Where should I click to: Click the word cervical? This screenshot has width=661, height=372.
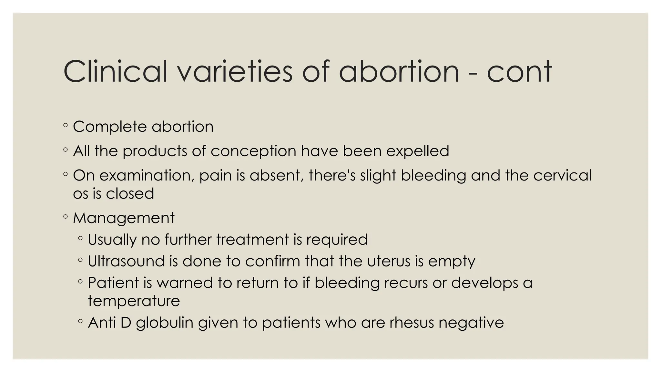point(562,175)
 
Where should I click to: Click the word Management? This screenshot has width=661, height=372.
point(124,218)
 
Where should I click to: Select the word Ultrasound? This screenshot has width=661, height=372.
point(126,261)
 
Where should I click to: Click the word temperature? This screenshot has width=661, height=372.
point(134,301)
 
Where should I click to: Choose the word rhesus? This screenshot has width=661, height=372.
point(412,323)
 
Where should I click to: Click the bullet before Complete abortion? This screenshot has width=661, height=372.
point(66,125)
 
